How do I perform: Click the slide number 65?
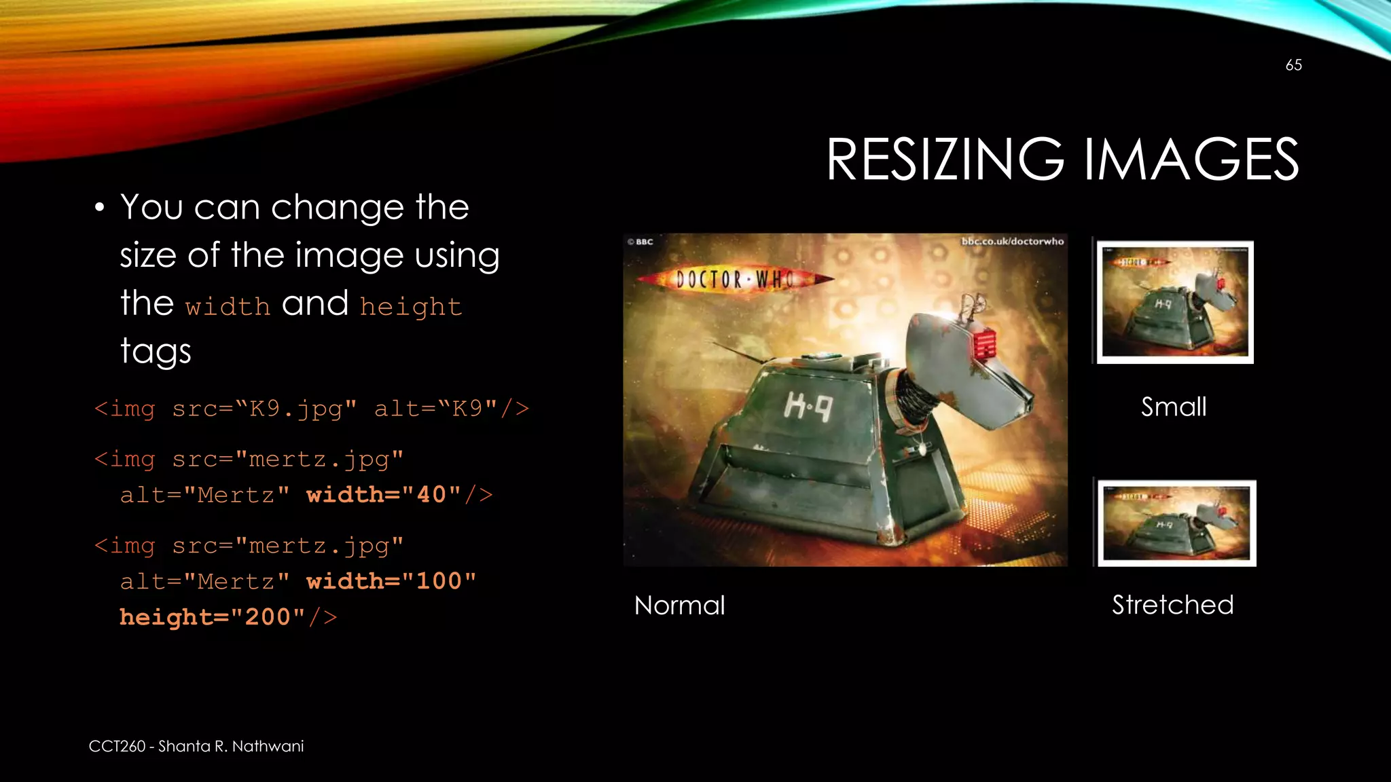1293,65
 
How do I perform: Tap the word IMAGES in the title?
1191,160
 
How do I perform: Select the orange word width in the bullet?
228,307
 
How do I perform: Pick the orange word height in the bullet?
411,307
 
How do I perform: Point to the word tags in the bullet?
156,352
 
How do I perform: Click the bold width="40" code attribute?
384,495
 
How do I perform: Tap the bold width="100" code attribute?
391,582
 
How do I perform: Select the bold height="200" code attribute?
213,617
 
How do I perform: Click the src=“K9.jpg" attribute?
264,409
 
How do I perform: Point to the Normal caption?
679,606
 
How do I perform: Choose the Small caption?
1174,407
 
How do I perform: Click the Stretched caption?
1172,605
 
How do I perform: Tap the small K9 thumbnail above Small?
1175,302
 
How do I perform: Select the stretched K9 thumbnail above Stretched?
1177,523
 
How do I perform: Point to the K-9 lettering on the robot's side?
808,407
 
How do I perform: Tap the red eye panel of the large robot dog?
984,343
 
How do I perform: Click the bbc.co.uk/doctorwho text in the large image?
1012,242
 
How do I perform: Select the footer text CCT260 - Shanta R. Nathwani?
196,746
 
